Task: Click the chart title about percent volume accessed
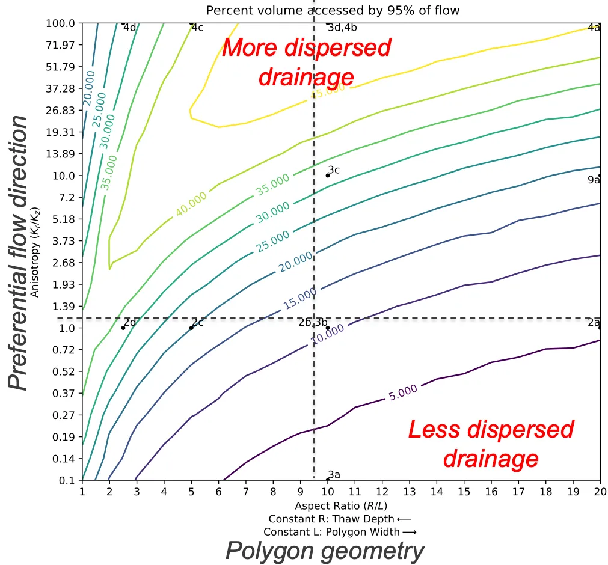(333, 11)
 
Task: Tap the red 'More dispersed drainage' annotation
(307, 62)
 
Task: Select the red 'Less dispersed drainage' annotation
(491, 444)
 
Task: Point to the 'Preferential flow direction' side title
(19, 252)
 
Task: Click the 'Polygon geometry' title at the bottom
(325, 551)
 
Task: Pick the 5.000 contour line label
(403, 393)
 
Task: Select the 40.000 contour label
(191, 204)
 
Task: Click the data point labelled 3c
(328, 176)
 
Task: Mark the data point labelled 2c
(191, 328)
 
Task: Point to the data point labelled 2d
(123, 328)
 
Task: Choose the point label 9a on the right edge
(594, 180)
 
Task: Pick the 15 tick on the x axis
(464, 492)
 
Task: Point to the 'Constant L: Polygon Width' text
(340, 531)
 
